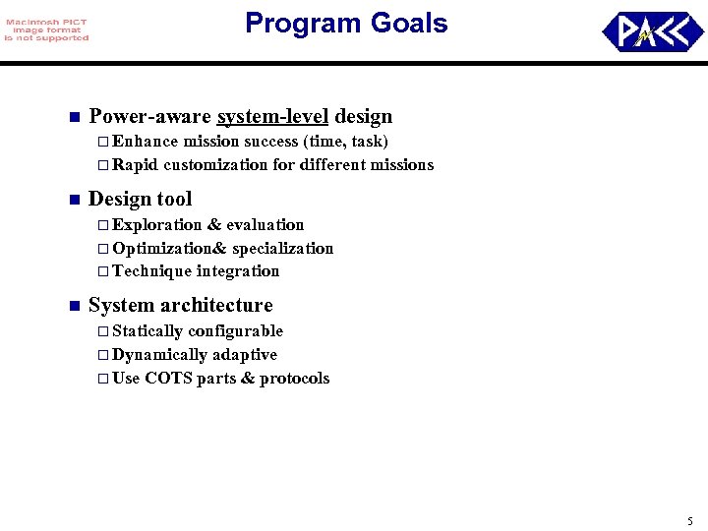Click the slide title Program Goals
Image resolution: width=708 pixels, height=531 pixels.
tap(346, 24)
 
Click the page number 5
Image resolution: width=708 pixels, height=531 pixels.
tap(689, 520)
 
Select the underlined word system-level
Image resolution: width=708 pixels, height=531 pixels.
tap(272, 117)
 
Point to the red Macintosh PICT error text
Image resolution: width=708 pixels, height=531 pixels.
tap(46, 29)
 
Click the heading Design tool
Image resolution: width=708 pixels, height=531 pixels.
tap(140, 199)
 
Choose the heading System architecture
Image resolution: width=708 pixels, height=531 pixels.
tap(180, 305)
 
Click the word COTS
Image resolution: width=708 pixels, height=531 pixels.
tap(168, 379)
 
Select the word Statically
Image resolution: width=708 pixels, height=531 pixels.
tap(147, 331)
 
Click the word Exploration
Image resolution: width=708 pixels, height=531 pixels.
tap(157, 225)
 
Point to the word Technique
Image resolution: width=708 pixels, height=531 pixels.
tap(151, 271)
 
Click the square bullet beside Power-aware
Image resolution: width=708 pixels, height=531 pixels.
tap(73, 118)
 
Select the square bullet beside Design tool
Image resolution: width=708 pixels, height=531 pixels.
tap(73, 200)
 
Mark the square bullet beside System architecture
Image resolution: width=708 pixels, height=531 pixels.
tap(73, 306)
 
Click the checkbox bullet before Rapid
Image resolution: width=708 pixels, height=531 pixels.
tap(104, 165)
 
